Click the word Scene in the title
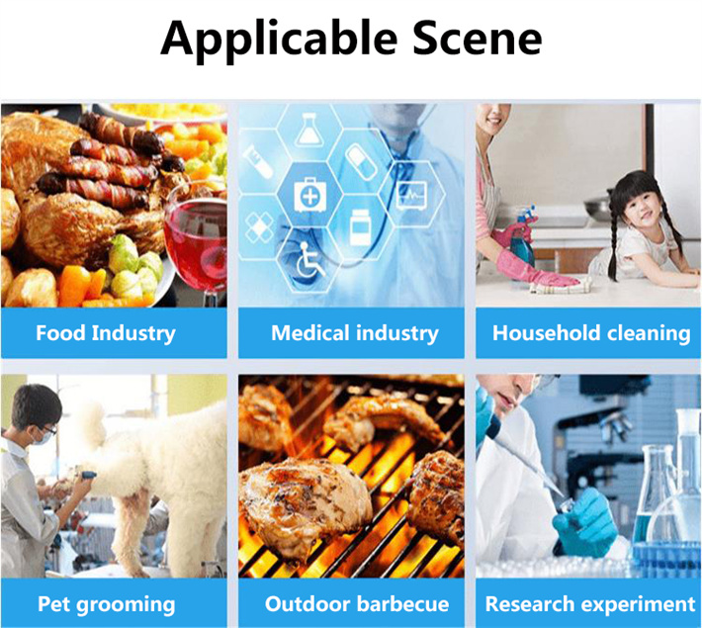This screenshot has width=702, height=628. pyautogui.click(x=477, y=38)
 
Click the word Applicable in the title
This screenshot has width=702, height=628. pyautogui.click(x=279, y=41)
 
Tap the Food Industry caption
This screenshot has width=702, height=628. pyautogui.click(x=106, y=333)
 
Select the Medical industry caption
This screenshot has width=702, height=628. pyautogui.click(x=355, y=333)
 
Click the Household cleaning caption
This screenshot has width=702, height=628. pyautogui.click(x=591, y=333)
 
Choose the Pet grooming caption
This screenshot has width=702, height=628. pyautogui.click(x=106, y=604)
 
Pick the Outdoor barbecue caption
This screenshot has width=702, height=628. pyautogui.click(x=357, y=604)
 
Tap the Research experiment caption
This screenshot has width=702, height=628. pyautogui.click(x=590, y=604)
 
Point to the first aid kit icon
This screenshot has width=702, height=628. pyautogui.click(x=309, y=194)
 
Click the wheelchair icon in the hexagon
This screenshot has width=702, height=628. pyautogui.click(x=308, y=260)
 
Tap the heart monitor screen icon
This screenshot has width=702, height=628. pyautogui.click(x=412, y=195)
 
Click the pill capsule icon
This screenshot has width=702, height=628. pyautogui.click(x=361, y=160)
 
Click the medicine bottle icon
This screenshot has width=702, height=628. pyautogui.click(x=360, y=227)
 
